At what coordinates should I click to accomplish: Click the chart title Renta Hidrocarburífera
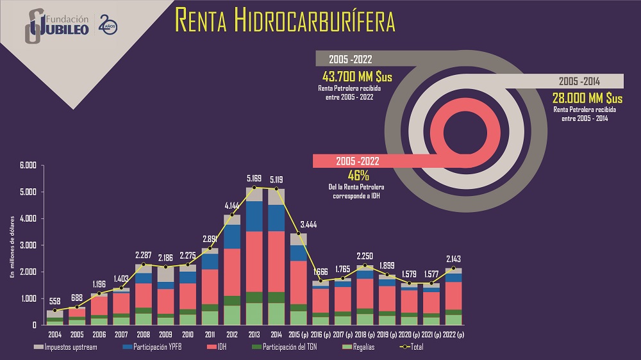point(285,20)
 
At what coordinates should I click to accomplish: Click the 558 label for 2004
point(55,302)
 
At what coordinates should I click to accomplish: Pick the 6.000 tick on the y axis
point(29,166)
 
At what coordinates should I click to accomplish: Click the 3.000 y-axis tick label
point(29,245)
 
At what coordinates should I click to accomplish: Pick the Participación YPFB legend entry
point(156,348)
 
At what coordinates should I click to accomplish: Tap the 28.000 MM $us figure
point(587,98)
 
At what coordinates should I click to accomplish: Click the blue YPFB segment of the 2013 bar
point(254,216)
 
